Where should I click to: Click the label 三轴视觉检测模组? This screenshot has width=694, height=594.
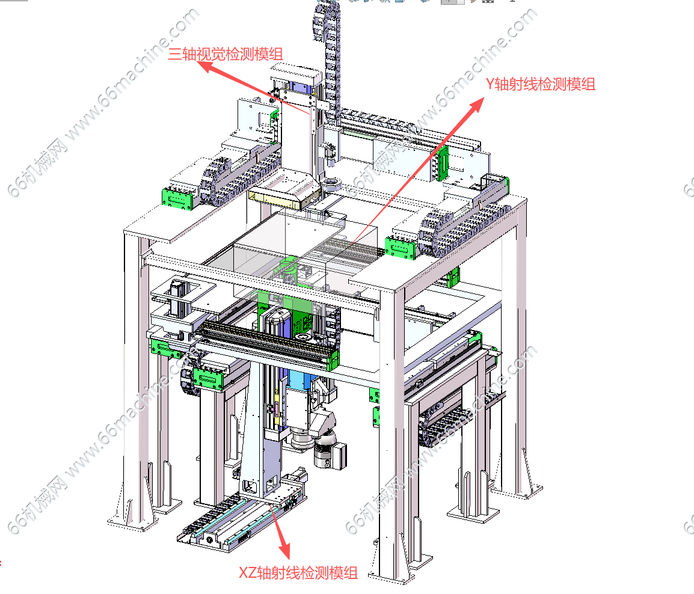click(226, 54)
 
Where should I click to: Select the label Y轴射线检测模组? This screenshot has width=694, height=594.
click(541, 84)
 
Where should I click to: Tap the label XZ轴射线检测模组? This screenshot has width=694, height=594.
click(298, 573)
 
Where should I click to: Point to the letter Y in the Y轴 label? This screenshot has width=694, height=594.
click(490, 84)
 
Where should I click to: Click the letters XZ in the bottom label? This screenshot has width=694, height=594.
click(248, 573)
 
